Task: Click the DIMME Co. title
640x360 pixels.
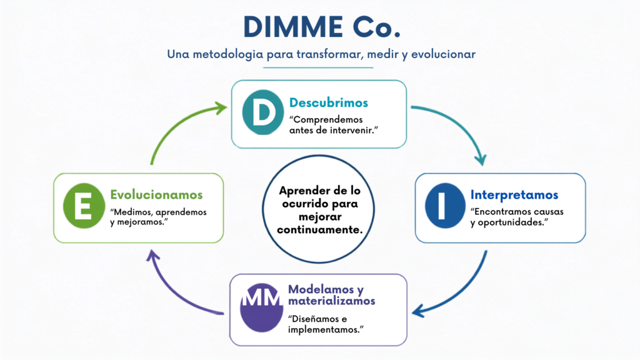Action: (x=322, y=27)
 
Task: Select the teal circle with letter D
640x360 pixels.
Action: (x=263, y=112)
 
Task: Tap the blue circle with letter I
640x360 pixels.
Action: (x=445, y=205)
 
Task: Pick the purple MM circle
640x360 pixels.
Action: (x=261, y=307)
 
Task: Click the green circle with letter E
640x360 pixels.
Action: (x=84, y=205)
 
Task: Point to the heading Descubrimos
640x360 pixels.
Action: (x=329, y=102)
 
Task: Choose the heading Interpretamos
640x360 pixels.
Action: (x=514, y=195)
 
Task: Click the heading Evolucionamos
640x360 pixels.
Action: (x=156, y=195)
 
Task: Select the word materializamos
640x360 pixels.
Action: (x=331, y=301)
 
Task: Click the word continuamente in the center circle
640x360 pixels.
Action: (x=319, y=230)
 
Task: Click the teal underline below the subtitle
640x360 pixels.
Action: (x=318, y=67)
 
